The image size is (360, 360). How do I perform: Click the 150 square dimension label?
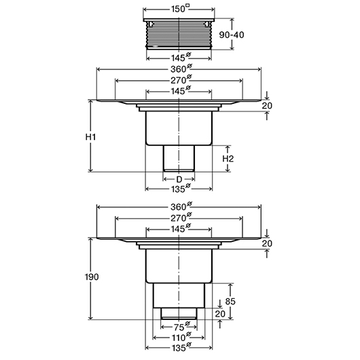(x=181, y=9)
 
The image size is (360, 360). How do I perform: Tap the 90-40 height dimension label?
(x=232, y=35)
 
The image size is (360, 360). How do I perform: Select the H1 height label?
(x=91, y=137)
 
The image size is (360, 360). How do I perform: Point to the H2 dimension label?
(x=228, y=159)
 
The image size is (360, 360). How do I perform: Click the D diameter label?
(x=179, y=179)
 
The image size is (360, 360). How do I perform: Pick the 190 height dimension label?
(x=92, y=277)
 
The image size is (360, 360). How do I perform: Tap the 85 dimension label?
(x=230, y=302)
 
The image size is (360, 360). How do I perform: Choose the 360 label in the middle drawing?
(x=181, y=69)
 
